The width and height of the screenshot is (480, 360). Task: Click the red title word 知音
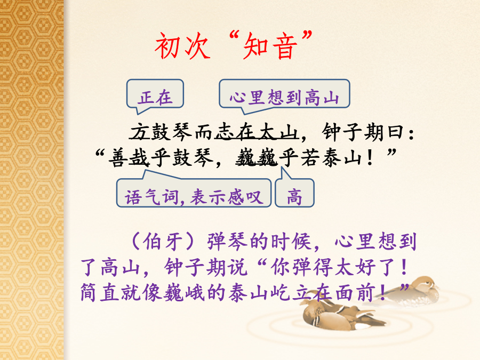pyautogui.click(x=270, y=46)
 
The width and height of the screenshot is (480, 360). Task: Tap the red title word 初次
pyautogui.click(x=182, y=46)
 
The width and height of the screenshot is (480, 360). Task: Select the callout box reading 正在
pyautogui.click(x=155, y=96)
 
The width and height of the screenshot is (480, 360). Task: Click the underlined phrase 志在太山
pyautogui.click(x=257, y=132)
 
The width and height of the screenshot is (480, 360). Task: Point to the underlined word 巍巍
pyautogui.click(x=257, y=158)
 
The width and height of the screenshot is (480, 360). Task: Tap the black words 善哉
pyautogui.click(x=129, y=158)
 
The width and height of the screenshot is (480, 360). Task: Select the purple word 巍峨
pyautogui.click(x=184, y=292)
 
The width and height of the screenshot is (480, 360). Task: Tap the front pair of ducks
pyautogui.click(x=340, y=315)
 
